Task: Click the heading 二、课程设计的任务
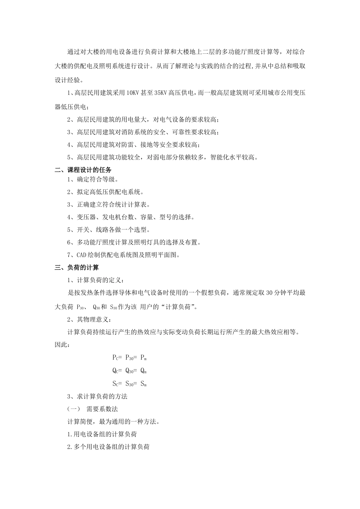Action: coord(83,170)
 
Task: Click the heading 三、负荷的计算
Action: coord(77,268)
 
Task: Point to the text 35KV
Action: coord(161,92)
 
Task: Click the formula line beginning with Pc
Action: coord(129,358)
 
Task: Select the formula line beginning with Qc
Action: coord(129,371)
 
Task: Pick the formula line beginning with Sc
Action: coord(129,384)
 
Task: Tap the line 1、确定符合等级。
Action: coord(92,180)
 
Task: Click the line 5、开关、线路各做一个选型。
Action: coord(108,230)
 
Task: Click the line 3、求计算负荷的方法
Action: coord(97,397)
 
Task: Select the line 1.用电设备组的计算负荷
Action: coord(102,434)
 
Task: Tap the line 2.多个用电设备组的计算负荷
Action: coord(108,447)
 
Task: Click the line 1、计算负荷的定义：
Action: coord(95,280)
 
